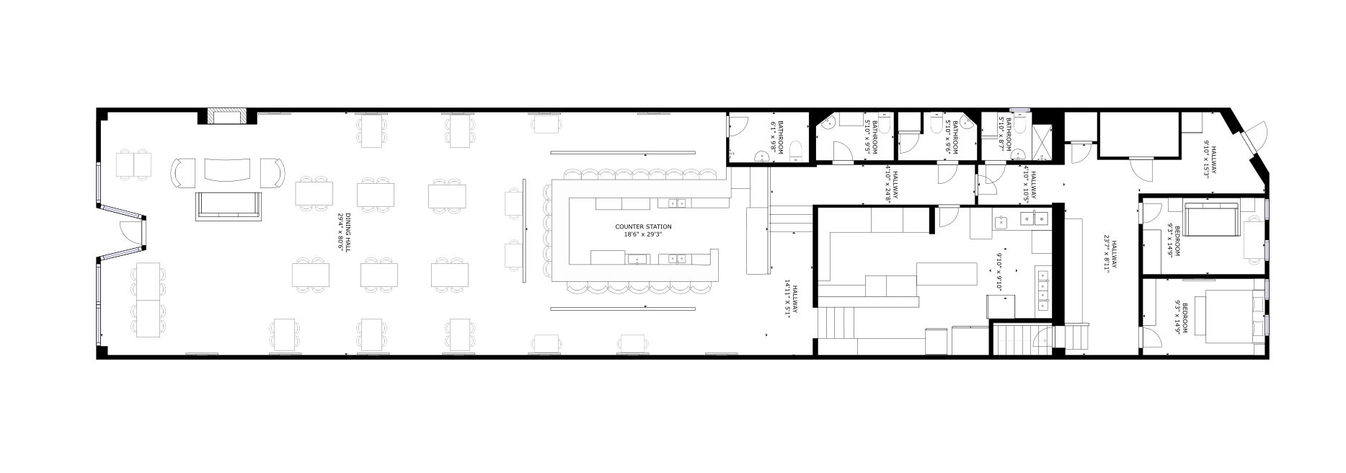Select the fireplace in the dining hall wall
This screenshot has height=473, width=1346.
click(x=227, y=117)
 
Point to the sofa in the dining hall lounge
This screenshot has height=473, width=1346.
click(x=228, y=205)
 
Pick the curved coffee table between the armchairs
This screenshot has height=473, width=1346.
click(x=228, y=170)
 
